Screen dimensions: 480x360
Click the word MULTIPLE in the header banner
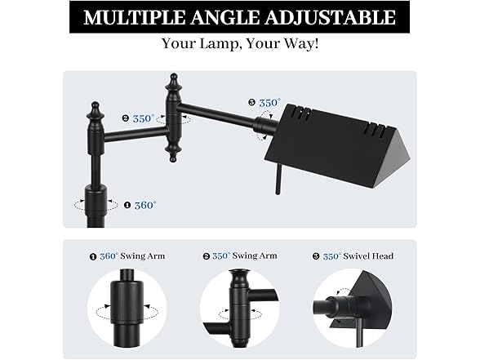(x=134, y=17)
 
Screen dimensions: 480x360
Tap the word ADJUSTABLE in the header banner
(x=330, y=17)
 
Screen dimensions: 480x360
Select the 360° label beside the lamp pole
(x=145, y=205)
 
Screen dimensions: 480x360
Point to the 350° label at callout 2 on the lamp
(x=144, y=118)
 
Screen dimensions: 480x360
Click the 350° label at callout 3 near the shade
(x=269, y=103)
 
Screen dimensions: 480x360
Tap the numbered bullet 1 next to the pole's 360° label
(x=127, y=205)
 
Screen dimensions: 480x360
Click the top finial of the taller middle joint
(x=174, y=81)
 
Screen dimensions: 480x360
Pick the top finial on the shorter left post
(x=96, y=110)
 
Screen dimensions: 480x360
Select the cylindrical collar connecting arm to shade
(x=263, y=126)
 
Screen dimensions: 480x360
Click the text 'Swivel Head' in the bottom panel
(x=368, y=256)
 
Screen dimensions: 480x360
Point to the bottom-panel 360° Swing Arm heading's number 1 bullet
(x=93, y=256)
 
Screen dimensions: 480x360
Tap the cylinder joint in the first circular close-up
(x=127, y=301)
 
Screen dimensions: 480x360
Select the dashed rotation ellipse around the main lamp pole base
(x=96, y=205)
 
